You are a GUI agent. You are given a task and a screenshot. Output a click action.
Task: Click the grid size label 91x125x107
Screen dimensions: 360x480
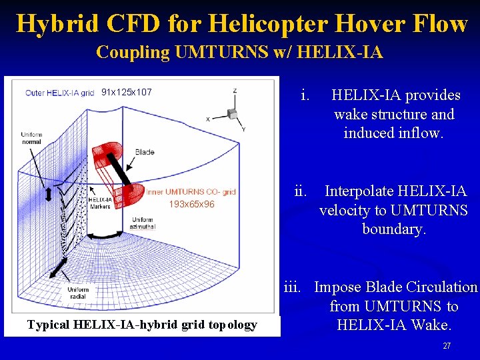(x=126, y=92)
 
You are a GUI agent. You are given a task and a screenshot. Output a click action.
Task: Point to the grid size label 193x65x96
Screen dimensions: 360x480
(x=191, y=204)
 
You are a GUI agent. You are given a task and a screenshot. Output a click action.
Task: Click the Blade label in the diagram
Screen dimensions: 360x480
(x=145, y=152)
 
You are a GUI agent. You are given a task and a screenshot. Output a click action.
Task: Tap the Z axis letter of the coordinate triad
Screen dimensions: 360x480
(x=235, y=91)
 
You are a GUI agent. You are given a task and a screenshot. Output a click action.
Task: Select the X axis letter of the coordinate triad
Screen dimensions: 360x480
(x=208, y=119)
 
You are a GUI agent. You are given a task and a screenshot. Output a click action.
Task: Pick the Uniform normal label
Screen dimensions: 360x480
(x=31, y=138)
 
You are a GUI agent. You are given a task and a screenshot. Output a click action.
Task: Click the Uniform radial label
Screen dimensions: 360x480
(x=77, y=293)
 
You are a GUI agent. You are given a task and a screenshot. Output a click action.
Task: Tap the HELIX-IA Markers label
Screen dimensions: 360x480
(x=99, y=203)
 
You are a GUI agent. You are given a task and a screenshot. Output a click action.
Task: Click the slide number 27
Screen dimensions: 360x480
(x=447, y=346)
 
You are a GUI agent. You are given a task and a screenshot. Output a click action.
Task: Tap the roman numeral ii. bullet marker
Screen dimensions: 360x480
(x=301, y=191)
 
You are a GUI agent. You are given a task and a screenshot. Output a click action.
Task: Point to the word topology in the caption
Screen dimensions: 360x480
(x=232, y=325)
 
